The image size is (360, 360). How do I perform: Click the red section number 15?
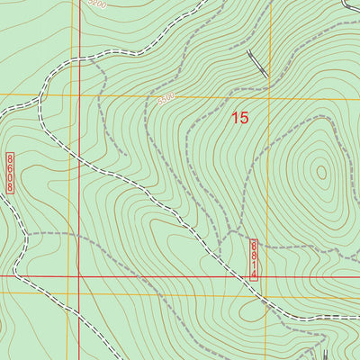239,117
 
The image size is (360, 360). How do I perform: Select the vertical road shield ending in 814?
254,260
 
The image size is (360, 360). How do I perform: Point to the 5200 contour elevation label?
97,4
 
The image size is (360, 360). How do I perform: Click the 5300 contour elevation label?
166,100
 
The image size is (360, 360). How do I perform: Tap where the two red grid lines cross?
78,276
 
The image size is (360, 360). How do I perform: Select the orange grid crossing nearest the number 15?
269,94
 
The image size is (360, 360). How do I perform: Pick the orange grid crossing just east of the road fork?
67,94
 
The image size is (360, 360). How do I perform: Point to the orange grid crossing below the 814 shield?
269,296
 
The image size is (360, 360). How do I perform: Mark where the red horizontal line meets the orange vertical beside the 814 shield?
269,276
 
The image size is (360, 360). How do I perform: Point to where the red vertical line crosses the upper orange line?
78,94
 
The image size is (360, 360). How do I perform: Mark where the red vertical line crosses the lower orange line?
78,296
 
